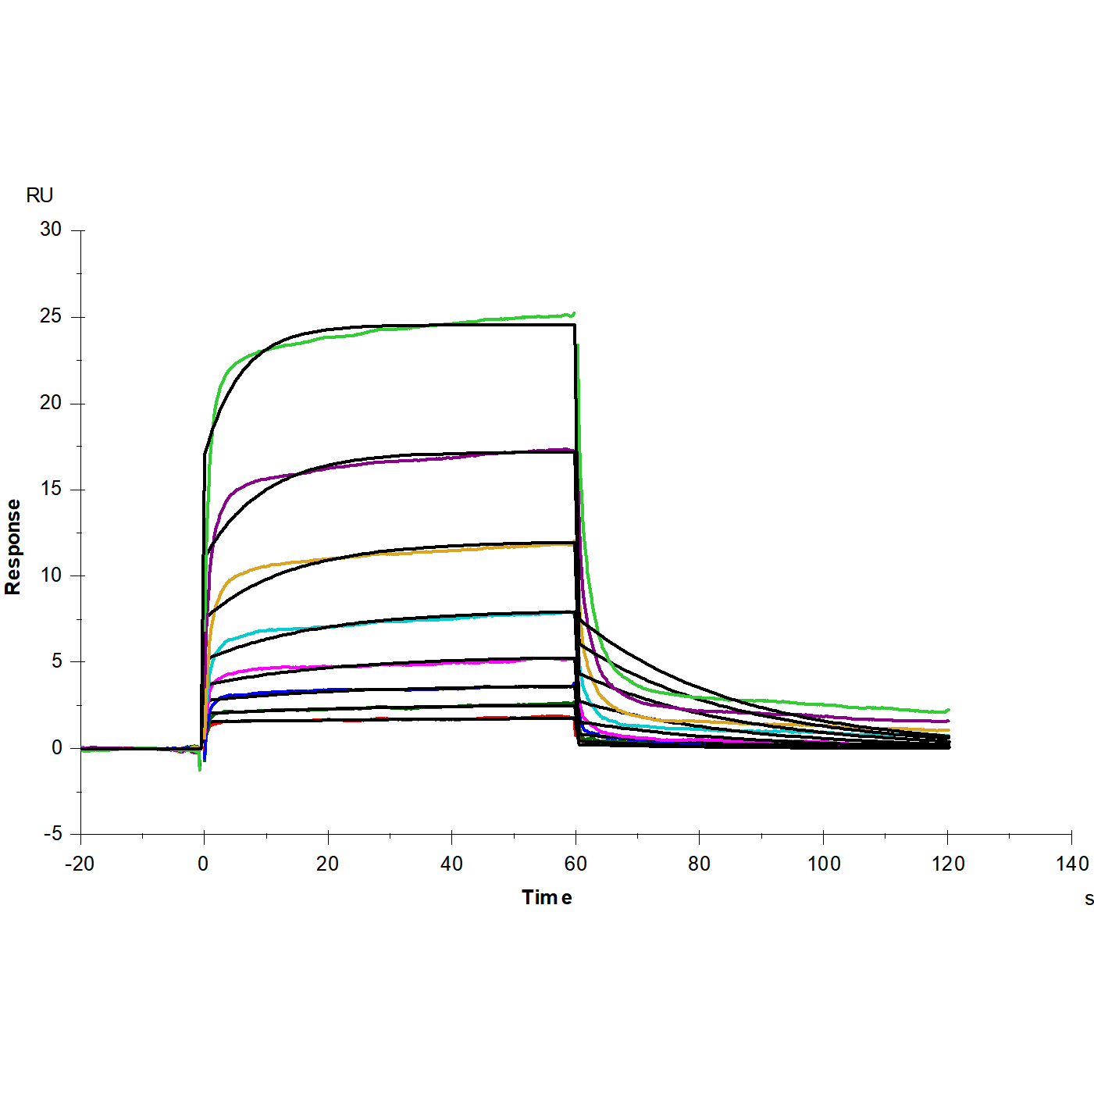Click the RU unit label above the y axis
(x=39, y=195)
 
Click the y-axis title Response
(x=13, y=547)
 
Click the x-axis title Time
(x=547, y=897)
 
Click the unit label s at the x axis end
(x=1089, y=899)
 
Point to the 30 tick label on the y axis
(x=51, y=230)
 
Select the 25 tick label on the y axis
(x=51, y=316)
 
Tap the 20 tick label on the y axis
(x=51, y=402)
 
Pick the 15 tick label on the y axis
(x=51, y=489)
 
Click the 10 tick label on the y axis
(x=51, y=576)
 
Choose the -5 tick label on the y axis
(x=52, y=834)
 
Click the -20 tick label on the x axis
(x=80, y=864)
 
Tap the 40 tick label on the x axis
(x=451, y=864)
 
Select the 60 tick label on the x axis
(x=576, y=864)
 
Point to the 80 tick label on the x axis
(x=699, y=864)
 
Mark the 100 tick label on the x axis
(x=824, y=864)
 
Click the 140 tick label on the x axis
(x=1071, y=864)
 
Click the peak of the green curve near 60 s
(x=573, y=314)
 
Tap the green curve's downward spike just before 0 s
(x=200, y=770)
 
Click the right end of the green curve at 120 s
(x=948, y=711)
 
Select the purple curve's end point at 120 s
(x=948, y=722)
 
